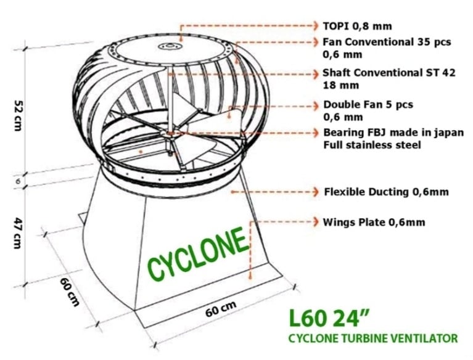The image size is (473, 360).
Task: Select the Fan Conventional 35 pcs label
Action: tap(387, 42)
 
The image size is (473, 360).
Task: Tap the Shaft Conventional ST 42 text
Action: tap(389, 73)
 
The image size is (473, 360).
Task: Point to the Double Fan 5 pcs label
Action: tap(368, 104)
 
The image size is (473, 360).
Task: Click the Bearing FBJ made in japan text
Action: tap(393, 133)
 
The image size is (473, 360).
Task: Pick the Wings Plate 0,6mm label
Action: tap(374, 222)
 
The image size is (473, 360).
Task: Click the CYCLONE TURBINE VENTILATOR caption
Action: tap(373, 338)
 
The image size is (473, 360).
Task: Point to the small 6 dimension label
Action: tap(18, 182)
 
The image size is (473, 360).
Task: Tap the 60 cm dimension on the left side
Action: tap(70, 291)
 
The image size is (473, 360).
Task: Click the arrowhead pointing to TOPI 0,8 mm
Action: tap(315, 27)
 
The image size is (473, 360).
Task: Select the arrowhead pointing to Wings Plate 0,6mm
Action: tap(315, 222)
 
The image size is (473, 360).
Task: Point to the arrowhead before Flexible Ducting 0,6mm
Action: tap(315, 192)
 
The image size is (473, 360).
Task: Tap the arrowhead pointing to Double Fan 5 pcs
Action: tap(315, 104)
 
